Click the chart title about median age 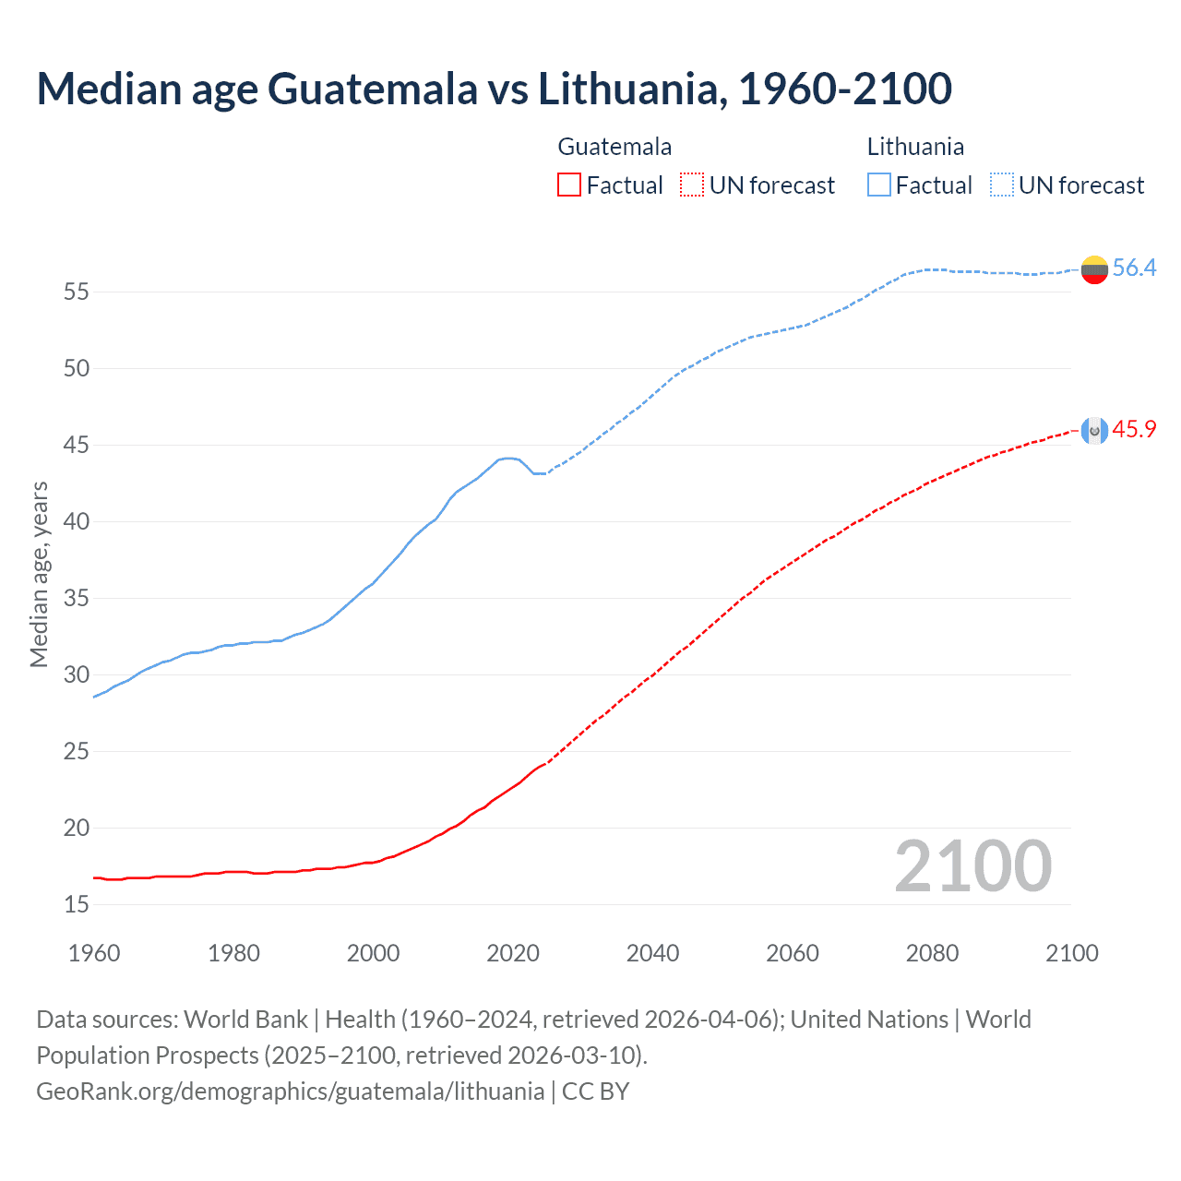pos(494,89)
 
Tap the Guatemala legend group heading pos(614,147)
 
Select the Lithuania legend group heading pos(915,147)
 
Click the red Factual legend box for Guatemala pos(569,185)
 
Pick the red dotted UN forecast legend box pos(692,185)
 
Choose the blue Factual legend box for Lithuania pos(879,185)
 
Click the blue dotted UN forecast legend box pos(1001,185)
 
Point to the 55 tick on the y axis pos(77,292)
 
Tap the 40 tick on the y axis pos(77,522)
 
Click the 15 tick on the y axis pos(77,905)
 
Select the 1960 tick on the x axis pos(94,953)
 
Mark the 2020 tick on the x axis pos(513,953)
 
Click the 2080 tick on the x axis pos(932,953)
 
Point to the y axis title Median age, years pos(39,574)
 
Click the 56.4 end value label pos(1134,268)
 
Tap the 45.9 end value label pos(1134,430)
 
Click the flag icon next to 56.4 pos(1094,269)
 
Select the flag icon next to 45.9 pos(1094,431)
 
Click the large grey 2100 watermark pos(972,866)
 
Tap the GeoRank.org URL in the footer pos(290,1092)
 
